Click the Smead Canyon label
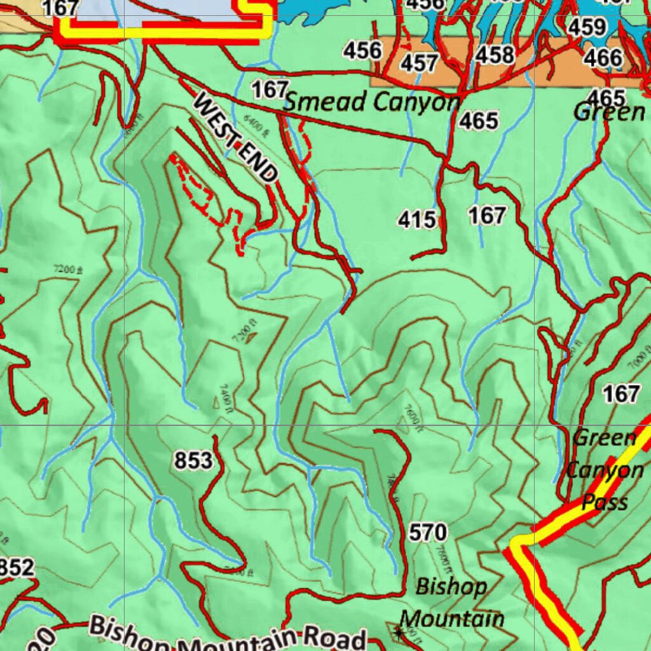tap(372, 102)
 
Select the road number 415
tap(417, 220)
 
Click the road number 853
tap(193, 460)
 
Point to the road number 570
tap(428, 532)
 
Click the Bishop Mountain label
tap(452, 602)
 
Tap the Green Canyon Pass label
tap(604, 470)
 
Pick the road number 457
tap(419, 63)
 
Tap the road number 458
tap(495, 55)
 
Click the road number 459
tap(586, 27)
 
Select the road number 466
tap(603, 58)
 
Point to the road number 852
tap(17, 568)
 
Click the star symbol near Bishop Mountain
tap(399, 632)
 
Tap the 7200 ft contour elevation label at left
tap(68, 270)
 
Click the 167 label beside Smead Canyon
tap(270, 90)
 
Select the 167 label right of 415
tap(487, 216)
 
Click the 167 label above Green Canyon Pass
tap(620, 394)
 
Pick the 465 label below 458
tap(479, 120)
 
